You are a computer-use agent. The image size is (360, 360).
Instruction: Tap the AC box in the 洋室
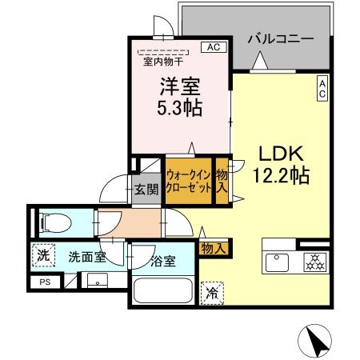coord(214,47)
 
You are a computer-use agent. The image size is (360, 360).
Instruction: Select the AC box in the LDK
coord(322,89)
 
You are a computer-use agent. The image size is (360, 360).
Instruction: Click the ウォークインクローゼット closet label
coord(189,180)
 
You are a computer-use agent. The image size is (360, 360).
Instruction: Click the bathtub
coord(162,293)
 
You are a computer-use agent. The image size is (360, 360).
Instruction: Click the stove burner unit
coord(311,262)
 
